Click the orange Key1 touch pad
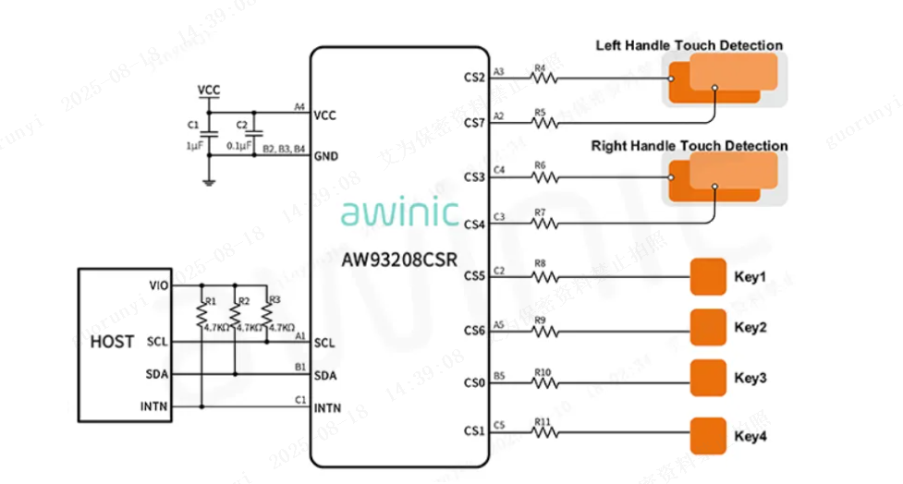tap(709, 276)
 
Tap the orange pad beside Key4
tap(709, 434)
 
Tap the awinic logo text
tap(399, 212)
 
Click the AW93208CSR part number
tap(398, 260)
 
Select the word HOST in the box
tap(112, 341)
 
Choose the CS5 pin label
tap(473, 275)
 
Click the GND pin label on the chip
tap(326, 155)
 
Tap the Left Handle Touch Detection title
tap(689, 45)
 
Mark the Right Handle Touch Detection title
tap(689, 146)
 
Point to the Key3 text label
tap(750, 379)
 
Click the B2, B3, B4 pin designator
tap(284, 148)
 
